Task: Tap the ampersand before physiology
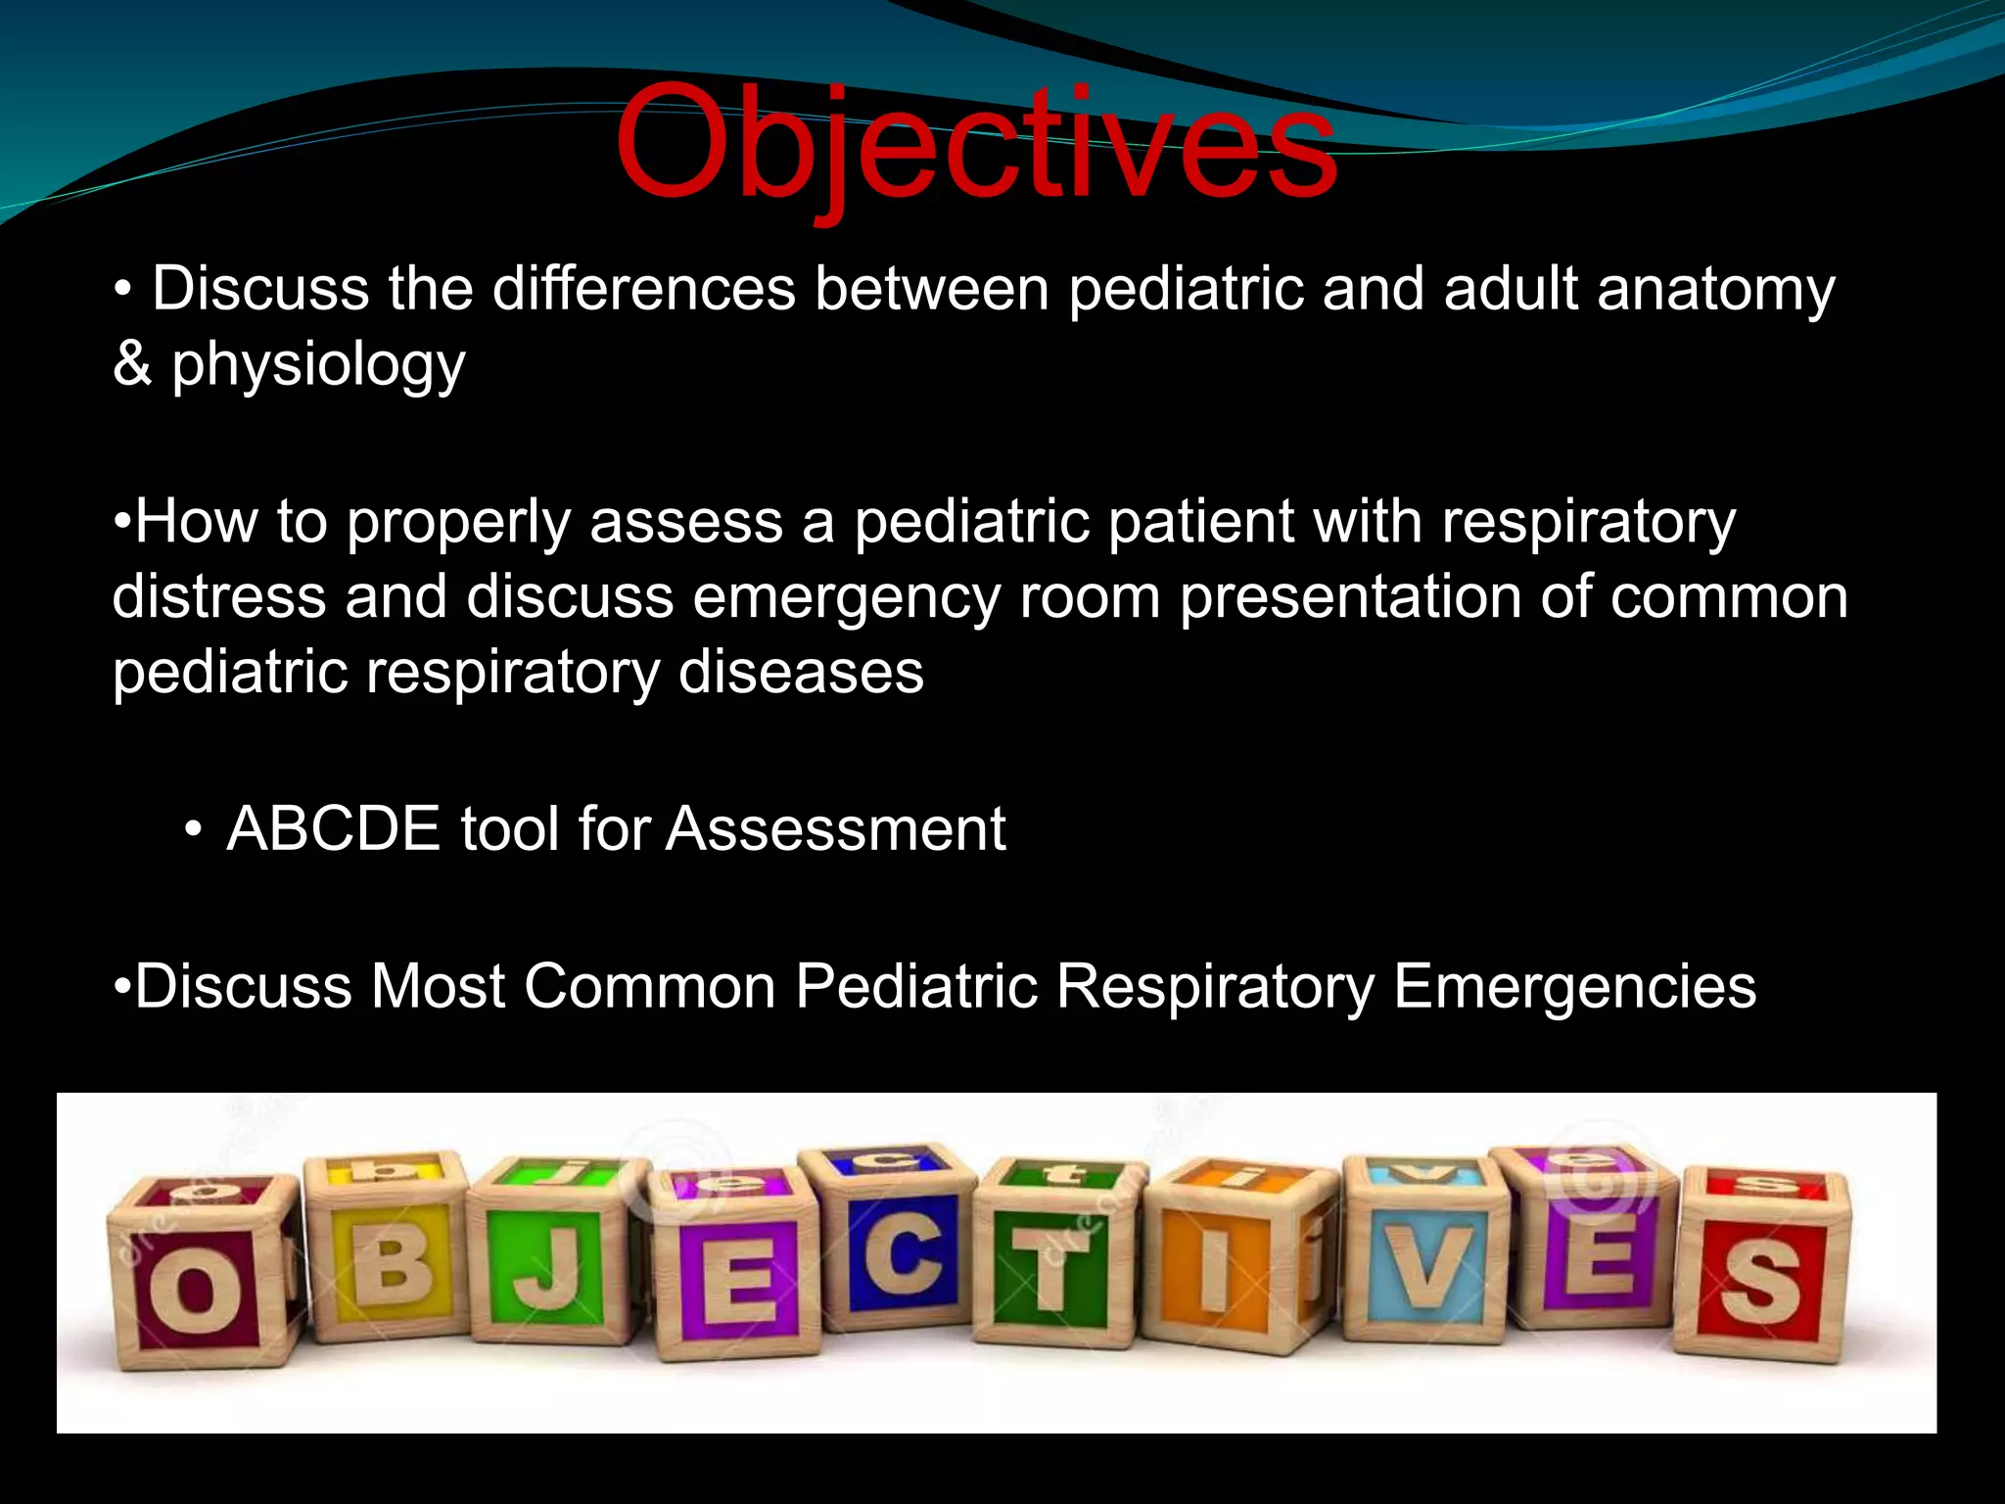pyautogui.click(x=132, y=363)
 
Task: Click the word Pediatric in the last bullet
pyautogui.click(x=915, y=986)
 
